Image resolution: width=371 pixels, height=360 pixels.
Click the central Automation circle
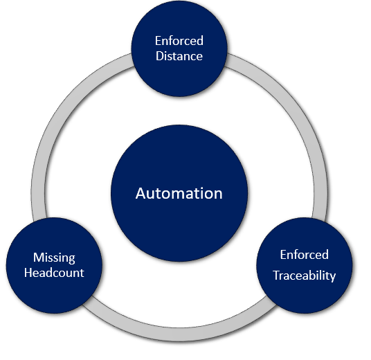pos(179,193)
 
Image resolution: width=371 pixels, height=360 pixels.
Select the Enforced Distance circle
pos(179,48)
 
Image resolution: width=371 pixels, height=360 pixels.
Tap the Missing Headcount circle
pos(54,265)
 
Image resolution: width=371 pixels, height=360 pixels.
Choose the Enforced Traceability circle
pos(305,265)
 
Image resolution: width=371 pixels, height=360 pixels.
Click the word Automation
pos(179,193)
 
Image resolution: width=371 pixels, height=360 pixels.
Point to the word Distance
pos(179,56)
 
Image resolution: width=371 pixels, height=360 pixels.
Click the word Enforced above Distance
pos(179,40)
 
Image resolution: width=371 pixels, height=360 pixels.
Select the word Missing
pos(54,258)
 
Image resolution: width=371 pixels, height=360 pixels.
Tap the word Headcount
pos(54,273)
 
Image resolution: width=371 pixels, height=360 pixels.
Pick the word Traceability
pos(305,276)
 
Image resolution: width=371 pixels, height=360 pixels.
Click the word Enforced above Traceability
pos(305,255)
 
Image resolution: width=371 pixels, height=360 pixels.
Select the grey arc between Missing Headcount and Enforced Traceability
pos(179,334)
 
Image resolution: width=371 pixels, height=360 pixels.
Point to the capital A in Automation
pos(141,194)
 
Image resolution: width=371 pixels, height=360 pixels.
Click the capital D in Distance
pos(160,56)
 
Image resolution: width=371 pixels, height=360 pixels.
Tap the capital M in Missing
pos(39,258)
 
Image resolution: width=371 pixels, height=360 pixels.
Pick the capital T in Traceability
pos(277,276)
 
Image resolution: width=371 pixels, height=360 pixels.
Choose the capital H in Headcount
pos(28,273)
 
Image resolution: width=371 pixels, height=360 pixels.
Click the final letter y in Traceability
pos(333,278)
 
